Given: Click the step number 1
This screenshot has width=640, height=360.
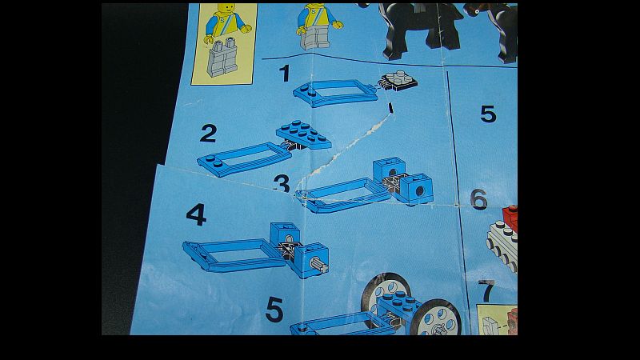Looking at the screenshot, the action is coord(285,74).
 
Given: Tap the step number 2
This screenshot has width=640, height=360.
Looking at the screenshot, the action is coord(208,134).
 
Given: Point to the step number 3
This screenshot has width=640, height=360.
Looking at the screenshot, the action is coord(282,184).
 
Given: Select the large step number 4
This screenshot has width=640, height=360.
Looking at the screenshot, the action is coord(196,214).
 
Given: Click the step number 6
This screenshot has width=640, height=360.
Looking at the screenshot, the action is coord(478,199).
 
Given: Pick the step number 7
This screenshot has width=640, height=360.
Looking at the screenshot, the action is coord(487,291).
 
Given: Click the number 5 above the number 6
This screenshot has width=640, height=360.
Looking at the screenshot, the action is coord(488,114).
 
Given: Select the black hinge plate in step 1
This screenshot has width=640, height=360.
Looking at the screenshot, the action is coord(397,81).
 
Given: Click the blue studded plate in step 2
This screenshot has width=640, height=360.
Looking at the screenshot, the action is coord(304,134).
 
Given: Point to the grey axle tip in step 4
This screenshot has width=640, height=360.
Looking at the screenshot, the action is coord(318,265).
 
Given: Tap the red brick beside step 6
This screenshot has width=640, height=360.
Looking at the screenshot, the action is coord(510,218).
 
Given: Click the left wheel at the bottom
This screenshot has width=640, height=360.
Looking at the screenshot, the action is coord(386,296).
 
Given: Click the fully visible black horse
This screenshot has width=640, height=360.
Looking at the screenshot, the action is coord(421,30).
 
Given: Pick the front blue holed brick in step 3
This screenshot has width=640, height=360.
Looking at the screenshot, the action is coord(416,188).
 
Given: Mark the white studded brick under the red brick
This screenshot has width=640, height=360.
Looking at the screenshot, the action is coord(503,243).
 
